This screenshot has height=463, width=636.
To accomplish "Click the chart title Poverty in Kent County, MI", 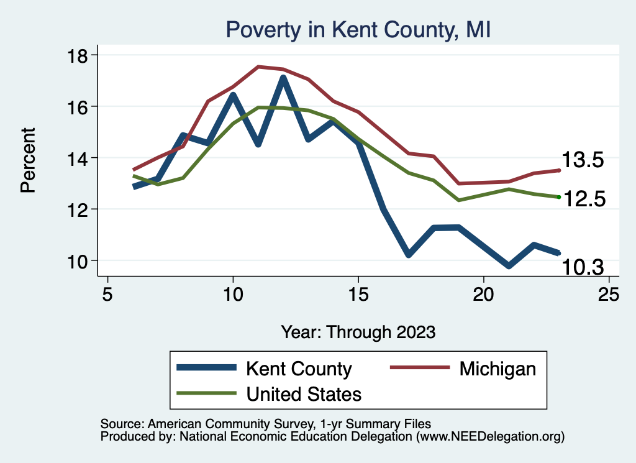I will (358, 29).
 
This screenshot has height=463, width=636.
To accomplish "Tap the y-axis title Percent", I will (28, 160).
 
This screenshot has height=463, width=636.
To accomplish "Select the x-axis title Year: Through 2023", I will (358, 331).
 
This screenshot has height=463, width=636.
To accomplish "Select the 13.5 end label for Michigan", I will (583, 160).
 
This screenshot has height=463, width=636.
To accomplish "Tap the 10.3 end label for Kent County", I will (583, 268).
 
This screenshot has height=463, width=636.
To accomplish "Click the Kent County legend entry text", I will (299, 369).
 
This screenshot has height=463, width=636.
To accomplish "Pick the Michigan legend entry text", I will (497, 369).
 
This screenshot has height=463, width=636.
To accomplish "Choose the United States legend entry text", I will (304, 393).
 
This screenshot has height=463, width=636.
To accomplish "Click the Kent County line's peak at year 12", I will (283, 78).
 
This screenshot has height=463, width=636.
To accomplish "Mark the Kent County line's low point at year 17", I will (408, 254).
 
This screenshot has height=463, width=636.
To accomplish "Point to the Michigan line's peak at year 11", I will (258, 66).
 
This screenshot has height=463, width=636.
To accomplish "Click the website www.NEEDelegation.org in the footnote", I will (490, 436).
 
